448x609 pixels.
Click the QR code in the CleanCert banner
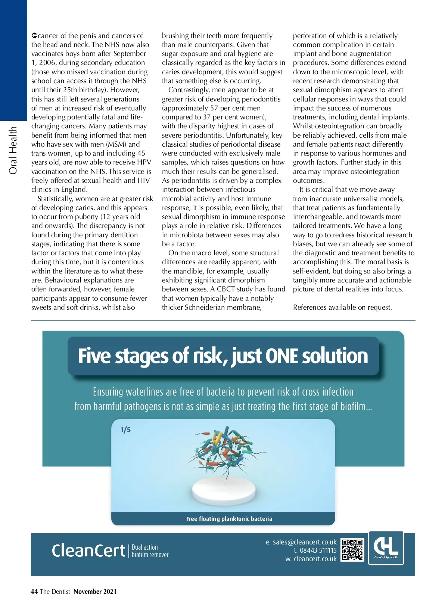pyautogui.click(x=352, y=550)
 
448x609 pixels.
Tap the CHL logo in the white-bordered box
pyautogui.click(x=386, y=548)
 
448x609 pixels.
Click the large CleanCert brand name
pyautogui.click(x=88, y=551)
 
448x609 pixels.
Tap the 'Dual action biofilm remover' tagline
pyautogui.click(x=150, y=551)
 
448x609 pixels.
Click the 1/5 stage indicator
pyautogui.click(x=125, y=430)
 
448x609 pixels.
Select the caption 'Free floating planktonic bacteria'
pyautogui.click(x=229, y=519)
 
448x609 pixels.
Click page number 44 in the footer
pyautogui.click(x=34, y=591)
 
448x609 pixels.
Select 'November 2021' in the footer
pyautogui.click(x=95, y=591)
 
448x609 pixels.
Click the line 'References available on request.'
pyautogui.click(x=342, y=307)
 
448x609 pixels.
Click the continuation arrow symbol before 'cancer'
pyautogui.click(x=34, y=36)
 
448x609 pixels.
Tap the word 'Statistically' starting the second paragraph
pyautogui.click(x=55, y=199)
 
